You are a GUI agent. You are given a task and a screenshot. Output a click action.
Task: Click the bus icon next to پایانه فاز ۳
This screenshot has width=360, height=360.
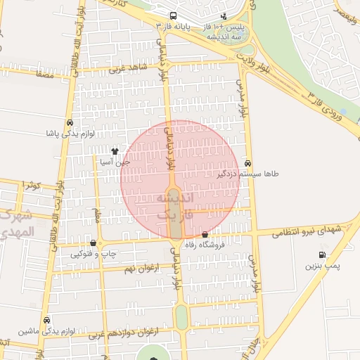173,15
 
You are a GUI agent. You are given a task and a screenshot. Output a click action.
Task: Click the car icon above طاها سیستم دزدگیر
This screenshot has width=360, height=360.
247,162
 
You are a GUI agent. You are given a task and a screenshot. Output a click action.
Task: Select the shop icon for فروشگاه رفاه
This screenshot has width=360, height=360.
205,235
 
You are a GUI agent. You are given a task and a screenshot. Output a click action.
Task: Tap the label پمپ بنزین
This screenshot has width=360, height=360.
322,266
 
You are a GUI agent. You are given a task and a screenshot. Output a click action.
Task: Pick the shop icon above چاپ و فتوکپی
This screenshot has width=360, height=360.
93,243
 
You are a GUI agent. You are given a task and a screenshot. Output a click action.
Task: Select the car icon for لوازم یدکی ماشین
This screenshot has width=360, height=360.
46,319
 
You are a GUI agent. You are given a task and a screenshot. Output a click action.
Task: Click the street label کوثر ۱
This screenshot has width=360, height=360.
31,185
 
